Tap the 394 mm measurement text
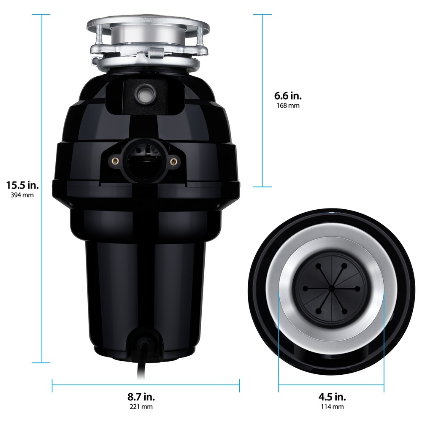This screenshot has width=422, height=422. click(x=22, y=195)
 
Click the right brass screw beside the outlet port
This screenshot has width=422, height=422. click(x=173, y=161)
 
